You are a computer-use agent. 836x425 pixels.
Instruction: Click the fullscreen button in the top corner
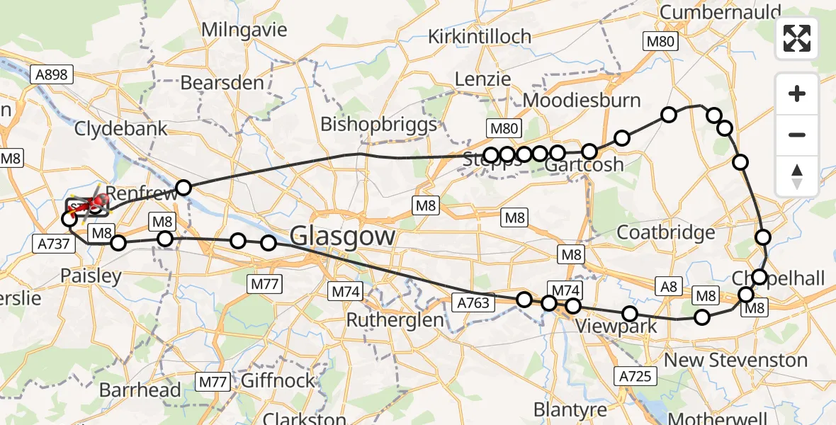[x=797, y=38]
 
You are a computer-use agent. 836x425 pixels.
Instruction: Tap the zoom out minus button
[x=797, y=135]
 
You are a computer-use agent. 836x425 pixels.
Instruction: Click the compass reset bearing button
[x=797, y=176]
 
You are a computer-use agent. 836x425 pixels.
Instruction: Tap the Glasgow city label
[x=343, y=234]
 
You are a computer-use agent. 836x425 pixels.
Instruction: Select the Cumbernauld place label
[x=720, y=12]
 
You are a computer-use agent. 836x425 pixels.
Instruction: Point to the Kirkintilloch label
[x=479, y=36]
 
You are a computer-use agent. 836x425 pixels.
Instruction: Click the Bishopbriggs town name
[x=378, y=125]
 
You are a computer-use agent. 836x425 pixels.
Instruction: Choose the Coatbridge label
[x=665, y=232]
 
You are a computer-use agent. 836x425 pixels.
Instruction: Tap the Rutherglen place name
[x=395, y=320]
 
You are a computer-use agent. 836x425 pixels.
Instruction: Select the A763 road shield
[x=472, y=302]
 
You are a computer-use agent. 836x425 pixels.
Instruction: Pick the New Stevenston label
[x=734, y=360]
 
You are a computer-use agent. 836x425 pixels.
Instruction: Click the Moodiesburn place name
[x=582, y=101]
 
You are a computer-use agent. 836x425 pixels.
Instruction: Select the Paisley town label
[x=91, y=276]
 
